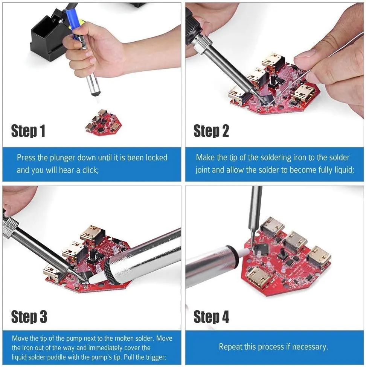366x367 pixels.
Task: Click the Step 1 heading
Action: (28, 131)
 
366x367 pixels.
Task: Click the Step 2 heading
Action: (211, 131)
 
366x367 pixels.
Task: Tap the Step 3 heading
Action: (29, 317)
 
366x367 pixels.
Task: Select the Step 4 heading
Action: (211, 317)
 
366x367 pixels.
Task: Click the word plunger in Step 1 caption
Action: (64, 158)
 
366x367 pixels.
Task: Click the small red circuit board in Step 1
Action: (103, 122)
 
